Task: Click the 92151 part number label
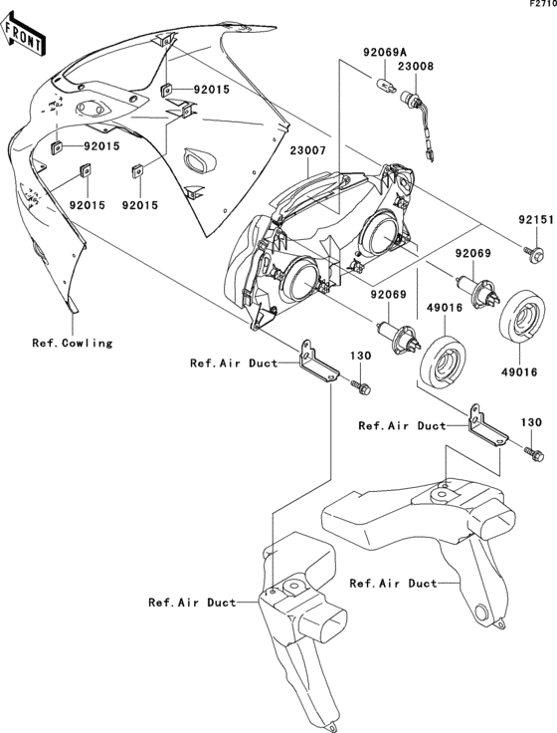(534, 217)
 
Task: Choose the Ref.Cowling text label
(72, 344)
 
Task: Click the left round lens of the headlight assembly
(295, 276)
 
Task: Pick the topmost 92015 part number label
(210, 90)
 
